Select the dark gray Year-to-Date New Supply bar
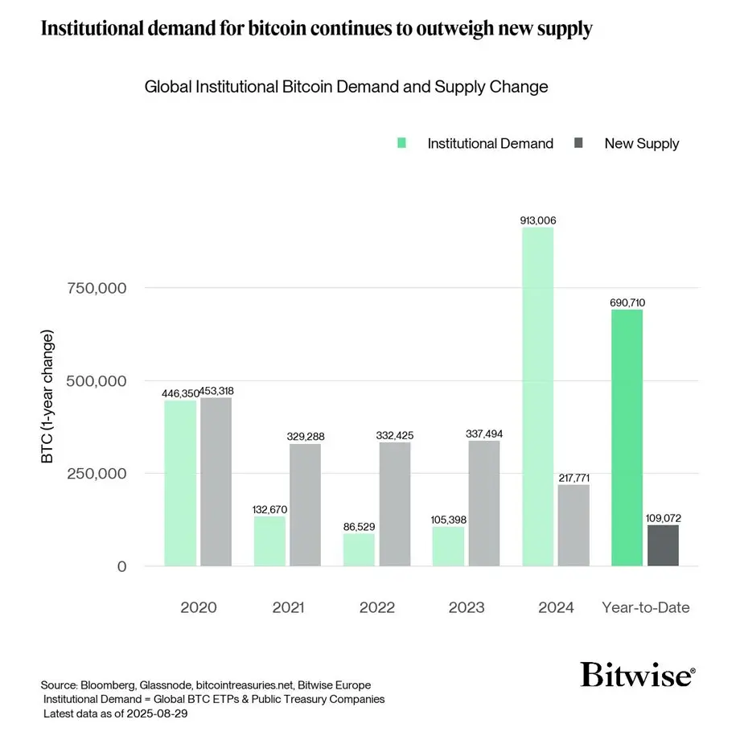click(663, 545)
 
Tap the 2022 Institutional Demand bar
click(359, 549)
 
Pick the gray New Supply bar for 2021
click(306, 504)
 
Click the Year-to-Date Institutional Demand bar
click(627, 438)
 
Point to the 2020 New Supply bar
click(216, 482)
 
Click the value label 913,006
click(537, 220)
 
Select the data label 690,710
click(627, 302)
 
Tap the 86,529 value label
click(359, 526)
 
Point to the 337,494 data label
click(484, 434)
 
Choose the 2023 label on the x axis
click(467, 607)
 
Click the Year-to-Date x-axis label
click(646, 607)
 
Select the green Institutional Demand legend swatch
click(402, 143)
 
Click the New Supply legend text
click(641, 144)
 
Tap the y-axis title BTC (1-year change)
click(47, 397)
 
